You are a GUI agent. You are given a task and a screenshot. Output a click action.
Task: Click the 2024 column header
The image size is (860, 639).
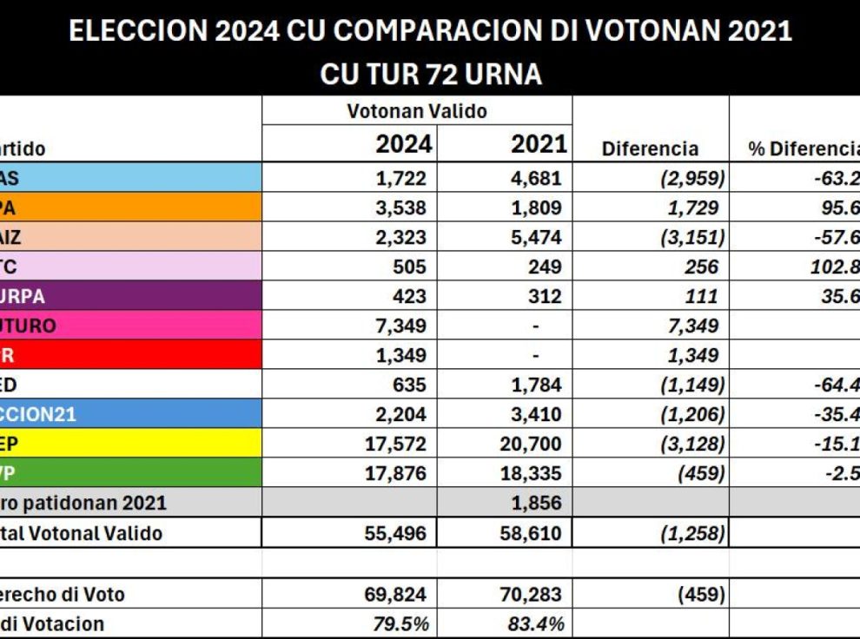pos(403,144)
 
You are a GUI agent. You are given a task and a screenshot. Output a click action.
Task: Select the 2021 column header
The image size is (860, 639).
pos(539,144)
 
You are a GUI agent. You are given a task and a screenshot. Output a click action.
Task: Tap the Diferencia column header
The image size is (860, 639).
pos(649,148)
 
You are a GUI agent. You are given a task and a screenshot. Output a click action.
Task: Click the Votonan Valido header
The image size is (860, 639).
pos(417,111)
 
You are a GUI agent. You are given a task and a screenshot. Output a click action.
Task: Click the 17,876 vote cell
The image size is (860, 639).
pos(396,473)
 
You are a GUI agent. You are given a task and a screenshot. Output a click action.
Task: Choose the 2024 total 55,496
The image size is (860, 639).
pos(395,533)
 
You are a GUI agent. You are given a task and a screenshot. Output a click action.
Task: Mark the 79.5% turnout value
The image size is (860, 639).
pos(402,623)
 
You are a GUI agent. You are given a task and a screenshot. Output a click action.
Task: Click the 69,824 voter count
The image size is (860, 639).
pos(395,595)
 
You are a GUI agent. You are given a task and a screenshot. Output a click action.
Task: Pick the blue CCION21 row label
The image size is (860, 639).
pos(38,414)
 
